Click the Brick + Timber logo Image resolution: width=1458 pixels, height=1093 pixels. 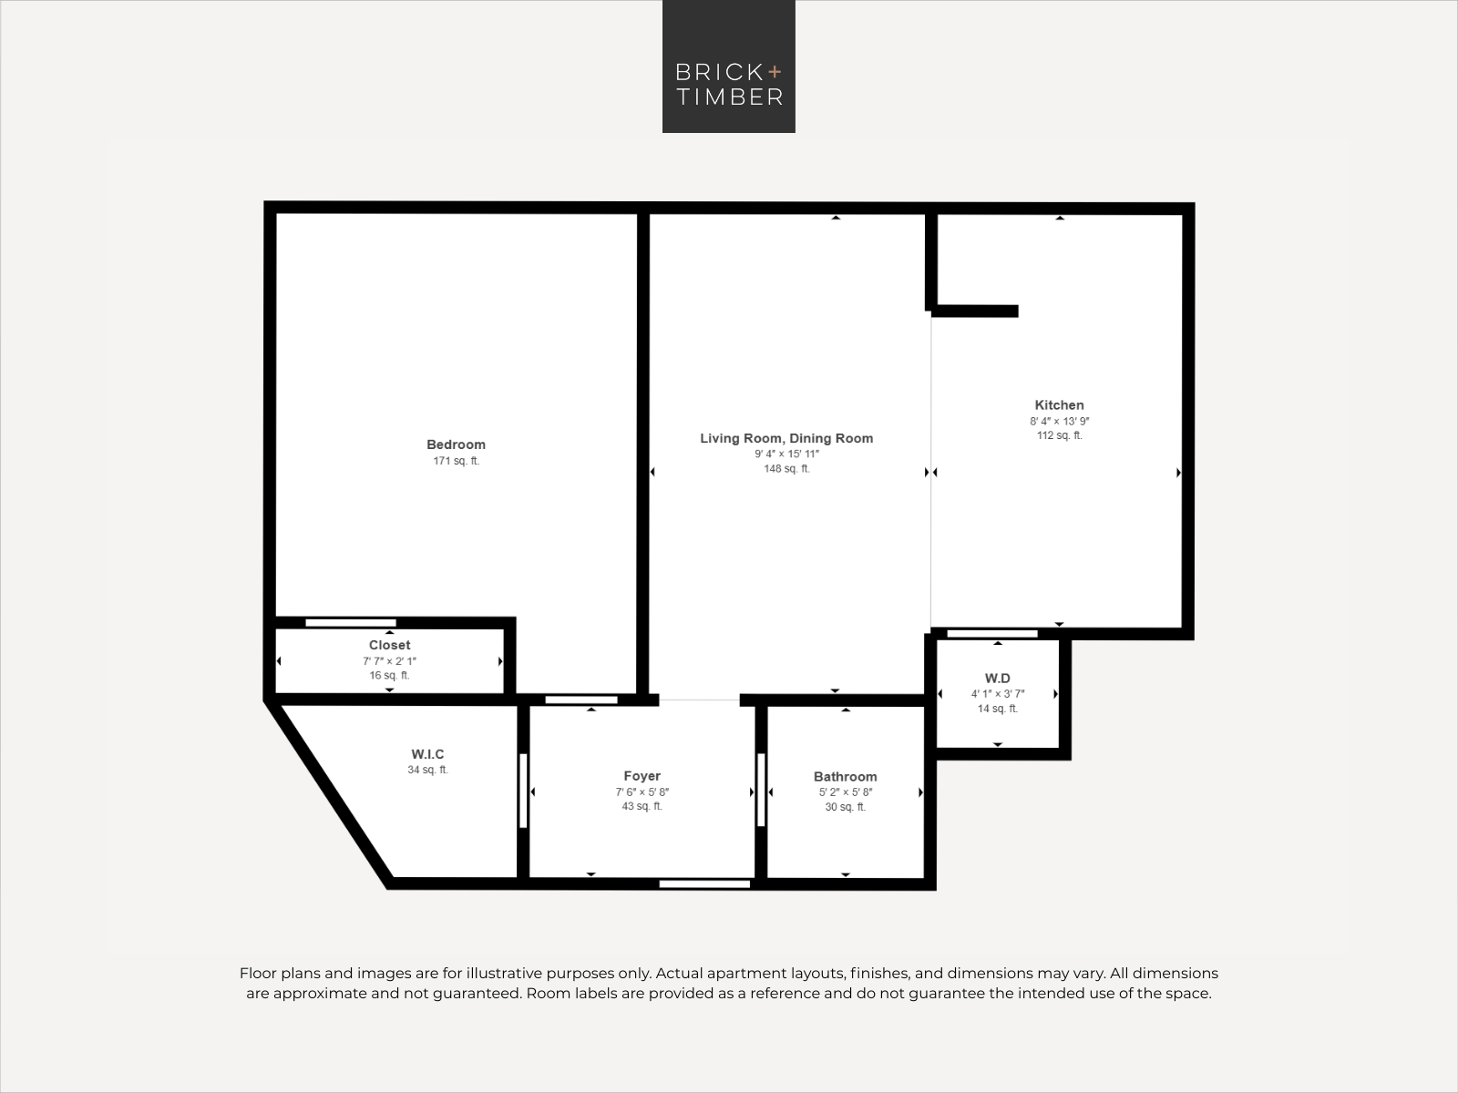729,66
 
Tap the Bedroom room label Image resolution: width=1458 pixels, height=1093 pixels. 456,444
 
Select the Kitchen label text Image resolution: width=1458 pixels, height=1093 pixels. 1059,404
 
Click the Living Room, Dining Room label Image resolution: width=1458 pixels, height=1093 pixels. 786,438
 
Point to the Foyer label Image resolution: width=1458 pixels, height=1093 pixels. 642,776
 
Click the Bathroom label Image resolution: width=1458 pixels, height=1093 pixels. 845,776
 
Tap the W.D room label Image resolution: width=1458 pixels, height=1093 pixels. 997,679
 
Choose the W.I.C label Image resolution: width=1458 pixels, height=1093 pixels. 427,754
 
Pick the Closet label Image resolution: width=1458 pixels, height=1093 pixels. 389,645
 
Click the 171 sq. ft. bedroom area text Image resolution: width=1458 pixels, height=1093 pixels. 456,461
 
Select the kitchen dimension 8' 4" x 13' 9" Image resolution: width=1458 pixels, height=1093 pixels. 1060,421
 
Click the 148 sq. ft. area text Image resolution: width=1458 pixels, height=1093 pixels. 786,468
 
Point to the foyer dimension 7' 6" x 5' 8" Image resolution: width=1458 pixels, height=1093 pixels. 642,792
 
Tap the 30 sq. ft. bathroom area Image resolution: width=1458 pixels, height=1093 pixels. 845,807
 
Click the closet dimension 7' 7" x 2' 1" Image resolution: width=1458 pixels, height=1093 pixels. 389,661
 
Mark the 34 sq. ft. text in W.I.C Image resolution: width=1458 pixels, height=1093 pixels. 427,770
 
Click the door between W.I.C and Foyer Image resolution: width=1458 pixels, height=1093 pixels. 523,791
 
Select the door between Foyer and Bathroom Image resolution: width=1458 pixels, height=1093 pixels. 761,790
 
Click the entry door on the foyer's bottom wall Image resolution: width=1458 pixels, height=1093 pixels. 704,884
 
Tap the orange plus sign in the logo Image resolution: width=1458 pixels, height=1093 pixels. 775,72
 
